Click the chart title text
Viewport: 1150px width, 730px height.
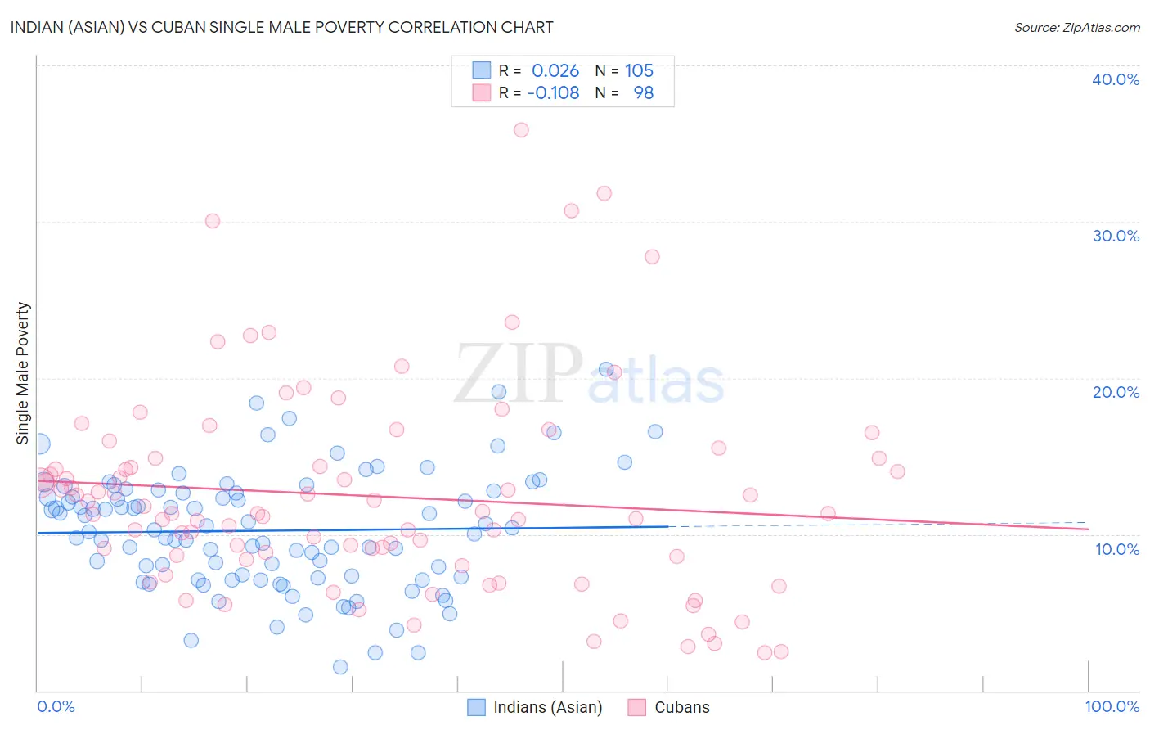282,28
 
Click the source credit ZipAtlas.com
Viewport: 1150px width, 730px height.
1076,28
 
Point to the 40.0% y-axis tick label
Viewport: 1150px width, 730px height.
1116,79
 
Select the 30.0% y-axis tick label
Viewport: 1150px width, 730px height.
1116,236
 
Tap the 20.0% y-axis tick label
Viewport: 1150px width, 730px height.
1116,392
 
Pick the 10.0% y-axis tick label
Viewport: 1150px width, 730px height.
1117,549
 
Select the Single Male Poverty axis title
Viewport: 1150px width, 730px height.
23,373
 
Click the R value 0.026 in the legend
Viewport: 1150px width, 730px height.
555,71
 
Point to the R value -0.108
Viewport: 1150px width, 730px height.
553,93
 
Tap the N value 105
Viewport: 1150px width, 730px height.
639,71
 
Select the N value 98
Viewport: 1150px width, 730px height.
644,93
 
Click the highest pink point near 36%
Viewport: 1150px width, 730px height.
521,129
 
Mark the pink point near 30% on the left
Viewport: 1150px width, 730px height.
213,221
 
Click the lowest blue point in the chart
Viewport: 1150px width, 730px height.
340,667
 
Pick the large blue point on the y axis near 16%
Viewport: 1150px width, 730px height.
38,444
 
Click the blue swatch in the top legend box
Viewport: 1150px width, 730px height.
482,71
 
